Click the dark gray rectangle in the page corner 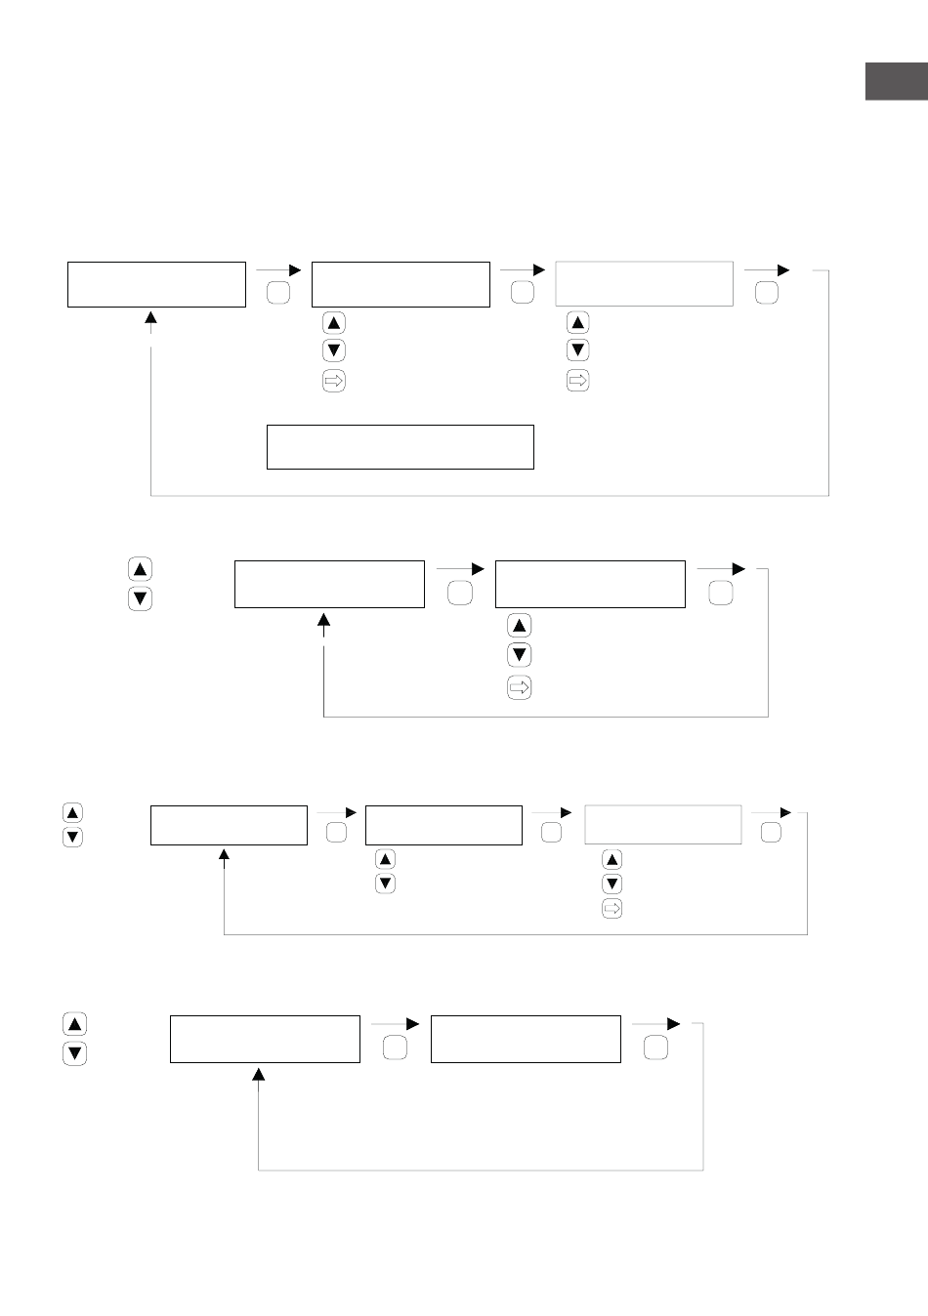pyautogui.click(x=896, y=82)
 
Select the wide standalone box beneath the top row pyautogui.click(x=401, y=447)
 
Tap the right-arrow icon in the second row pyautogui.click(x=519, y=688)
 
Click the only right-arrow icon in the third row pyautogui.click(x=612, y=909)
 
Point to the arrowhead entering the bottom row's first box pyautogui.click(x=259, y=1073)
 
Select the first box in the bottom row pyautogui.click(x=265, y=1039)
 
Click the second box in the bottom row pyautogui.click(x=526, y=1039)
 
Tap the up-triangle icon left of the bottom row pyautogui.click(x=74, y=1024)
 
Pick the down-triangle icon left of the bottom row pyautogui.click(x=74, y=1053)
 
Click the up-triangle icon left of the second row pyautogui.click(x=140, y=569)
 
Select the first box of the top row pyautogui.click(x=156, y=284)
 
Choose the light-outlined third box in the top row pyautogui.click(x=644, y=284)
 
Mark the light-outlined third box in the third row pyautogui.click(x=663, y=825)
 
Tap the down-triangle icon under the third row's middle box pyautogui.click(x=385, y=884)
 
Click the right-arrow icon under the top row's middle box pyautogui.click(x=333, y=382)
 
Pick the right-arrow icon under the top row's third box pyautogui.click(x=577, y=382)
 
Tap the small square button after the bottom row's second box pyautogui.click(x=656, y=1049)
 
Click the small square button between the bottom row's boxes pyautogui.click(x=395, y=1049)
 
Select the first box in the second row pyautogui.click(x=329, y=584)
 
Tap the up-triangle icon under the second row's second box pyautogui.click(x=519, y=626)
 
